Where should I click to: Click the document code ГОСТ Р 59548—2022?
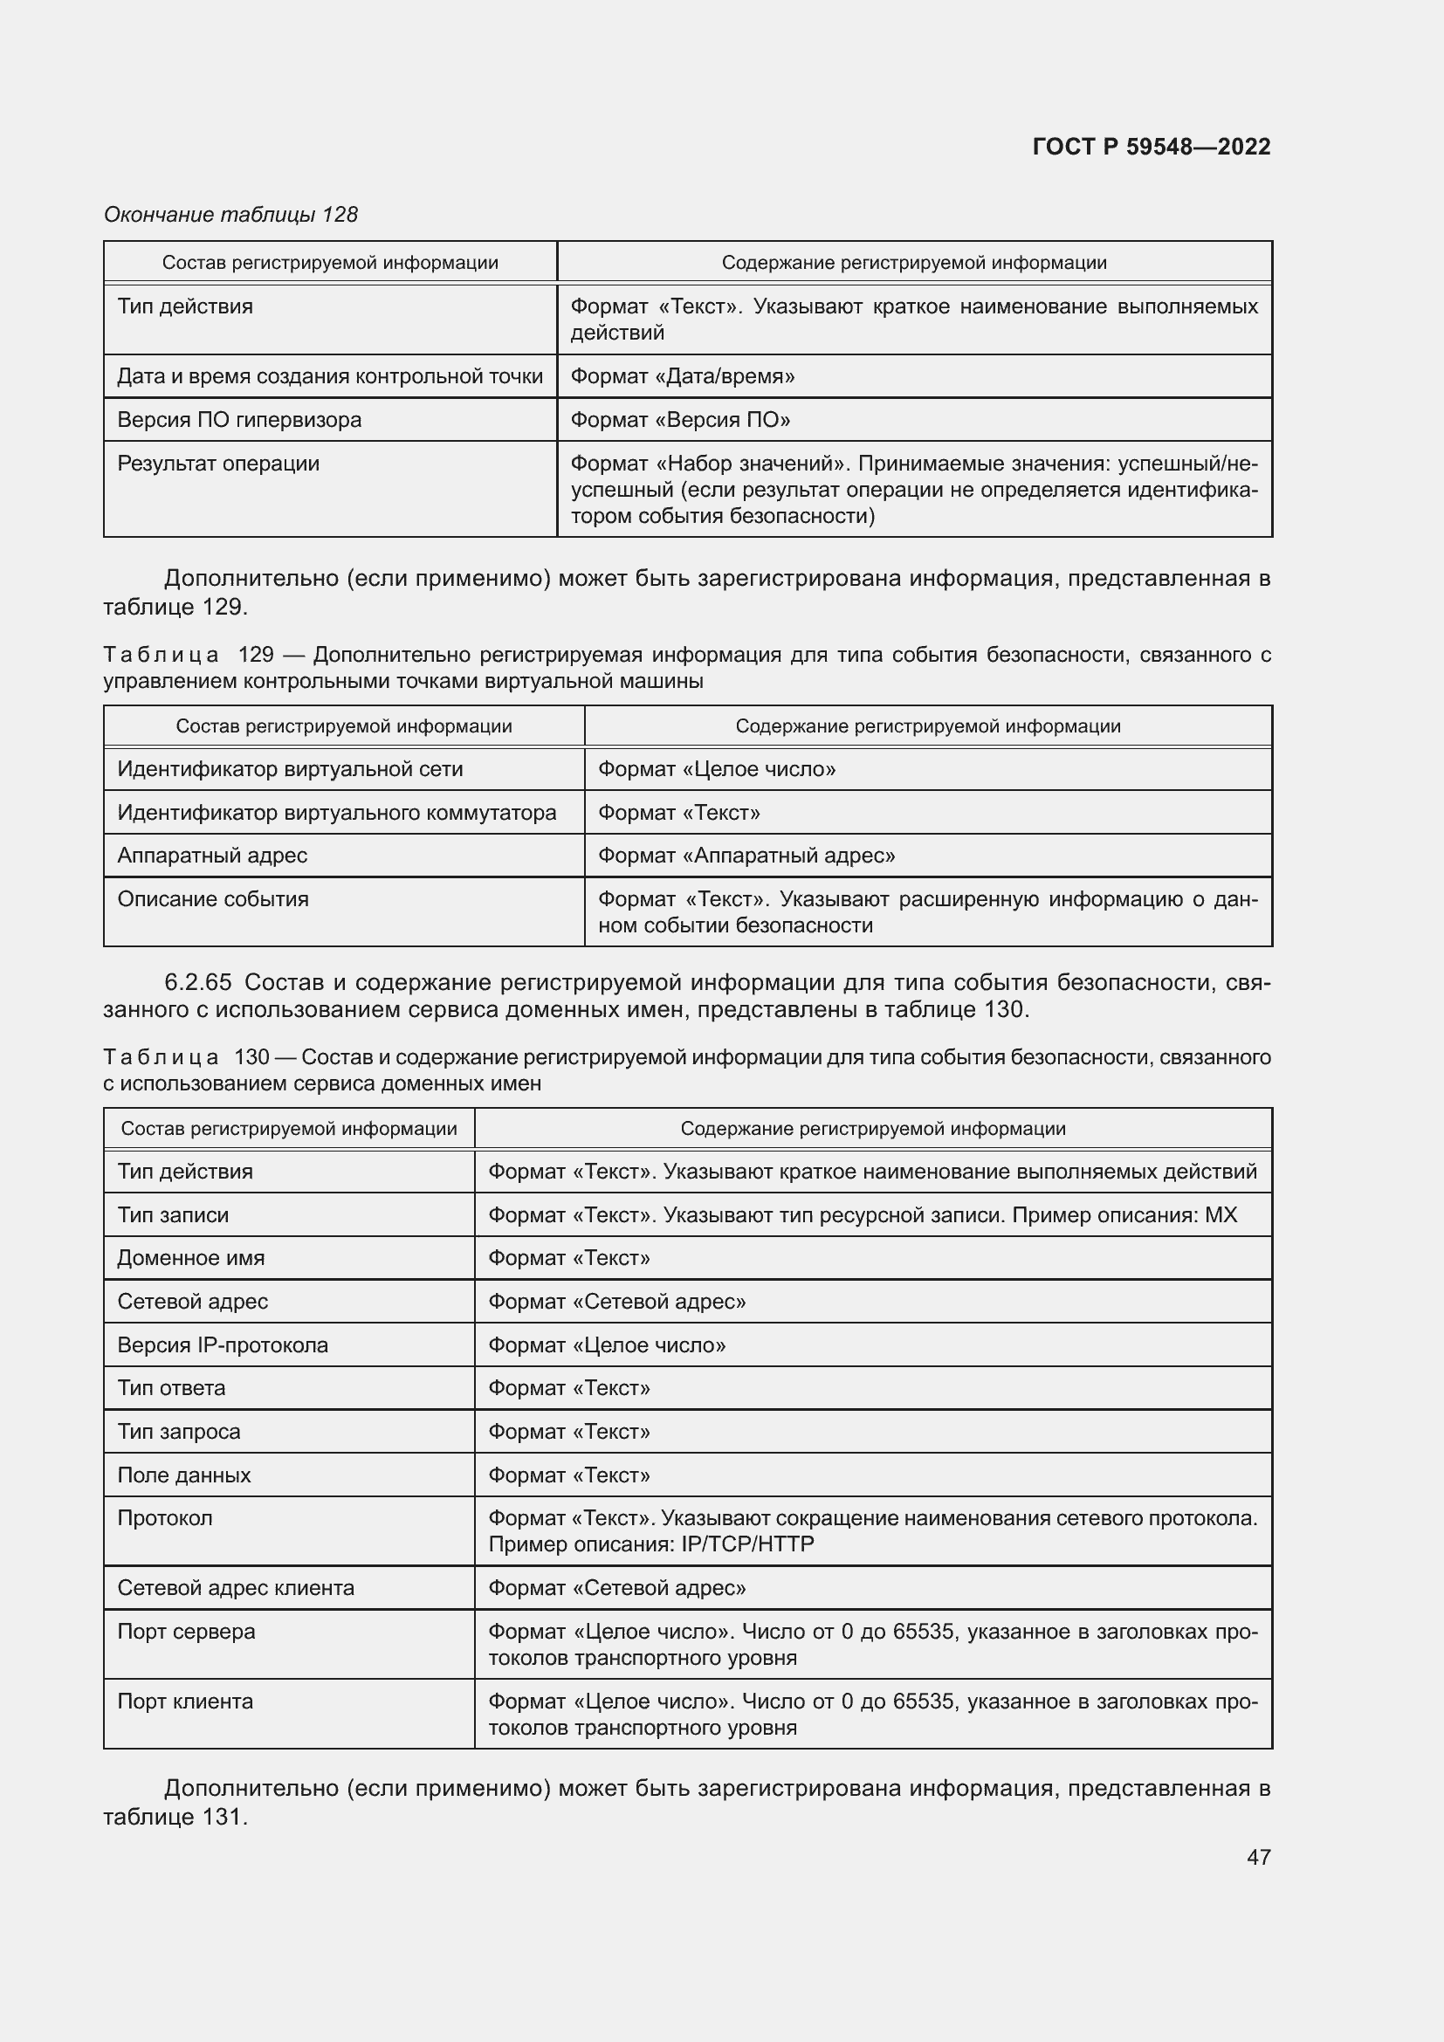coord(1151,147)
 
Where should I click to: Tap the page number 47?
coord(1258,1857)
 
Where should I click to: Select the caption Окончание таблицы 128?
coord(230,215)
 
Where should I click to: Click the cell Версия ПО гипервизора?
coord(239,420)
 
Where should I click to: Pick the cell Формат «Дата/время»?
coord(682,376)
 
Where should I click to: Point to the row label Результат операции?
coord(218,464)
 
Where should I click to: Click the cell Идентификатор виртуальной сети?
coord(290,769)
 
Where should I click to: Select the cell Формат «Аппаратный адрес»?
coord(746,856)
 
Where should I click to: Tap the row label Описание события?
coord(212,899)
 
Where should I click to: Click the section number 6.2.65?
coord(197,982)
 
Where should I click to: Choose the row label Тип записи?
coord(173,1215)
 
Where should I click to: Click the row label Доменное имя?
coord(190,1257)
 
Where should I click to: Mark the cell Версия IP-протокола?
coord(223,1344)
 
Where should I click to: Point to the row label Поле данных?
coord(183,1475)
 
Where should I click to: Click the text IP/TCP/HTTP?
coord(747,1544)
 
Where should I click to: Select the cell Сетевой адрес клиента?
coord(236,1587)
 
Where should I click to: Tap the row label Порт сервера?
coord(186,1631)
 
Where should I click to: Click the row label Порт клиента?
coord(185,1702)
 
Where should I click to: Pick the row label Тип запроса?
coord(179,1431)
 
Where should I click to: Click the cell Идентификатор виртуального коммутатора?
coord(336,813)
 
